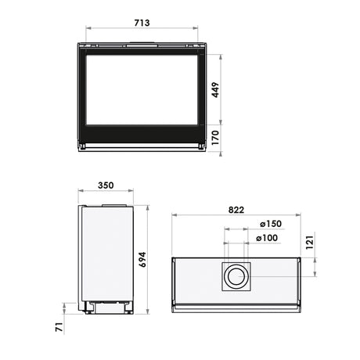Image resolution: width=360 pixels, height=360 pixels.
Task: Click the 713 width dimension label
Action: click(142, 23)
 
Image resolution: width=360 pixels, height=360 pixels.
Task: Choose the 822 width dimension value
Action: click(236, 209)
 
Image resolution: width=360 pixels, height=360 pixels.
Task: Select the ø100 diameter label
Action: click(267, 238)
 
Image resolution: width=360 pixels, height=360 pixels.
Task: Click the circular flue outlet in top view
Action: click(236, 277)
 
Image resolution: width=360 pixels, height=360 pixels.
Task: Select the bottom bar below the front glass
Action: click(142, 145)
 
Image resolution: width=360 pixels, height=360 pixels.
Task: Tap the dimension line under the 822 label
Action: click(236, 215)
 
